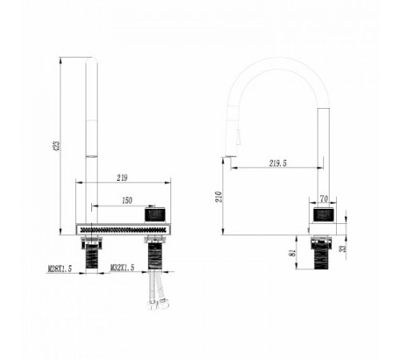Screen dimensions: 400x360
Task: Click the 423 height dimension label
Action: [57, 146]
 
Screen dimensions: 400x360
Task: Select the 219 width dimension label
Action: [122, 178]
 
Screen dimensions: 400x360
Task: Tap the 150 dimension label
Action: [127, 201]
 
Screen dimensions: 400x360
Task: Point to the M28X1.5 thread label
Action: [60, 269]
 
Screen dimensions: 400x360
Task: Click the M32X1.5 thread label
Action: [122, 268]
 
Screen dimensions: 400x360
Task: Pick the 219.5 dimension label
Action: [278, 163]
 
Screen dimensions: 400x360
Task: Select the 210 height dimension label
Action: [219, 197]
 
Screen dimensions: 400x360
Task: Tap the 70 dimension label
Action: [324, 199]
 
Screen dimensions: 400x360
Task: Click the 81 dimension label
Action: [293, 253]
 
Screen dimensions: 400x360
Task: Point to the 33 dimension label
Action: [344, 249]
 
